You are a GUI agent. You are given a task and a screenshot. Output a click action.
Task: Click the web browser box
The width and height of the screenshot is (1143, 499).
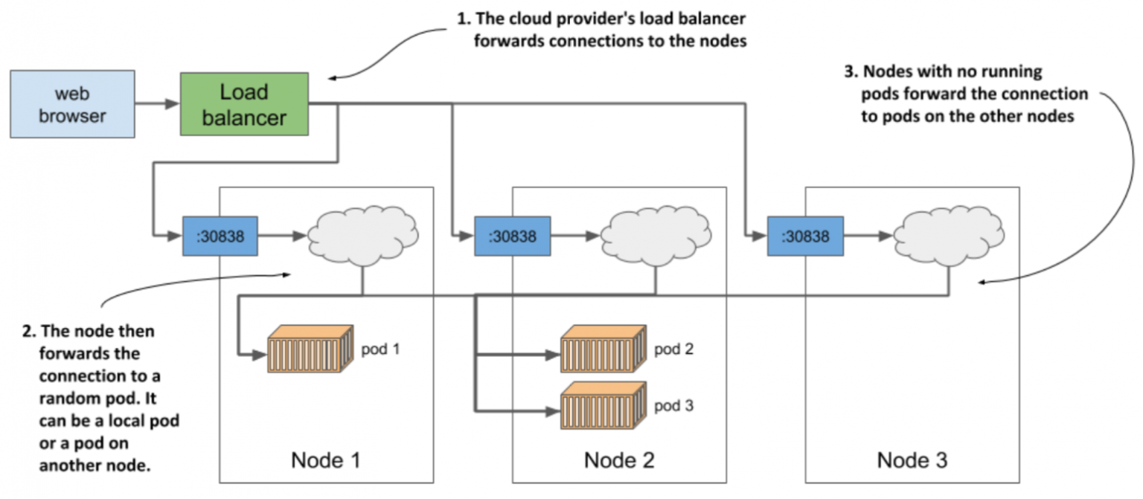[x=72, y=104]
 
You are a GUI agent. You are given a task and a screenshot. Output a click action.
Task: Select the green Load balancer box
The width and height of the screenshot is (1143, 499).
[x=244, y=104]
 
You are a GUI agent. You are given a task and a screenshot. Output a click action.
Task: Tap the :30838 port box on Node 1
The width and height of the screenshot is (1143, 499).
[x=219, y=236]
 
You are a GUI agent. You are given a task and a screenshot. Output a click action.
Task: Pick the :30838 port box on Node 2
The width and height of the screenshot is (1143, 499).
[x=512, y=236]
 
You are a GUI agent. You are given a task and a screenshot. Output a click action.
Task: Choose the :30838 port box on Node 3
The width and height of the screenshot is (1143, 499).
[x=804, y=236]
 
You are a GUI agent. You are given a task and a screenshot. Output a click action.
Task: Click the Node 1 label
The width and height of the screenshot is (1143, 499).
[x=327, y=460]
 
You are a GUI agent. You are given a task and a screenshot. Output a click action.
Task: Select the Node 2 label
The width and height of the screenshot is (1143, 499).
[x=618, y=460]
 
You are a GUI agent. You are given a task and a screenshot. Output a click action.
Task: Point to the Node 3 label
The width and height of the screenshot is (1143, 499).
[x=912, y=460]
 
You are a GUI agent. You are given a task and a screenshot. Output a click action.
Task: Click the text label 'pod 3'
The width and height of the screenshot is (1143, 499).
[x=674, y=406]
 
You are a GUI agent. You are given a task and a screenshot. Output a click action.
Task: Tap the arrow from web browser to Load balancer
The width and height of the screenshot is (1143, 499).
[x=157, y=105]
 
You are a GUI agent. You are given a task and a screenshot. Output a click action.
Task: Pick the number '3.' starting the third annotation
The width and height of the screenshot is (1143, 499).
[x=851, y=72]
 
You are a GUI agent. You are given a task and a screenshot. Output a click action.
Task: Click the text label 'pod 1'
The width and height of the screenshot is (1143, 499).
[x=380, y=349]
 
